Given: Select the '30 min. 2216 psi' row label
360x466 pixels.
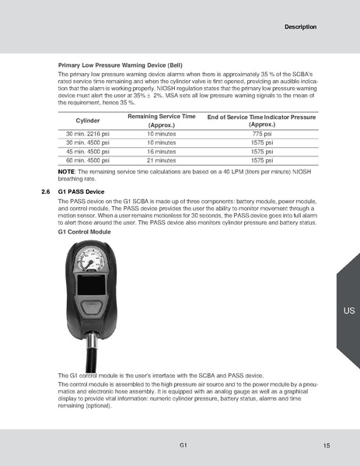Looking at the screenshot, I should [85, 135].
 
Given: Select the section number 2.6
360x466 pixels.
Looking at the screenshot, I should [45, 191].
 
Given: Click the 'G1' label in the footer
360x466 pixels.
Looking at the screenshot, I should [182, 444].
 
